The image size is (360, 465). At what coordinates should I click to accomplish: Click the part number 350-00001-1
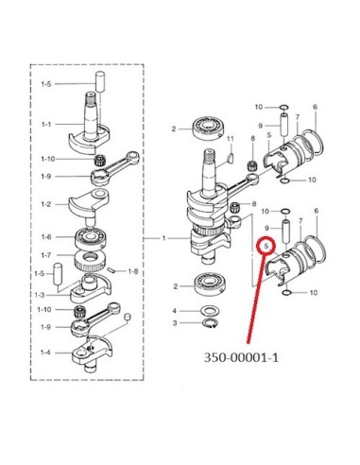[x=242, y=357]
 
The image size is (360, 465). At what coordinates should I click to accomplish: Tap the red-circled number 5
[x=266, y=246]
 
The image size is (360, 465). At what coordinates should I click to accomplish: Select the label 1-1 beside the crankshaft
[x=46, y=125]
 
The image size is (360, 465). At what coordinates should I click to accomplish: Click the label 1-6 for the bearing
[x=46, y=237]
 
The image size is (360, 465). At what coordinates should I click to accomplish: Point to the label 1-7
[x=46, y=255]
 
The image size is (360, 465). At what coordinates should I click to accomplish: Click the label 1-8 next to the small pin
[x=133, y=271]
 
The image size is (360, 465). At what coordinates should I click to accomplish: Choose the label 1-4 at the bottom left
[x=45, y=353]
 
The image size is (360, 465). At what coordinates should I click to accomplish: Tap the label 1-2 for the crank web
[x=46, y=204]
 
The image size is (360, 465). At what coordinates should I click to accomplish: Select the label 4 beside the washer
[x=175, y=311]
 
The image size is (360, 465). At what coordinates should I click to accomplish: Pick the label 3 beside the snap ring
[x=175, y=323]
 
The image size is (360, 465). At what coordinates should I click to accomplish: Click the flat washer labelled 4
[x=210, y=311]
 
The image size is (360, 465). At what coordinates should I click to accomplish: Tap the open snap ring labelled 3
[x=210, y=323]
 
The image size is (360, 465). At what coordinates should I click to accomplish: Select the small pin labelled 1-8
[x=111, y=269]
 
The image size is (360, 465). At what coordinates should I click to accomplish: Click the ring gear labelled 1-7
[x=90, y=261]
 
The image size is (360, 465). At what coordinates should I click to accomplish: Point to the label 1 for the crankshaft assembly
[x=163, y=238]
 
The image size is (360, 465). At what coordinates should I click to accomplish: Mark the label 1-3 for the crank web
[x=40, y=295]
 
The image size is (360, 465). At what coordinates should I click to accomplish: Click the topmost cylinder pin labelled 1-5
[x=100, y=81]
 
